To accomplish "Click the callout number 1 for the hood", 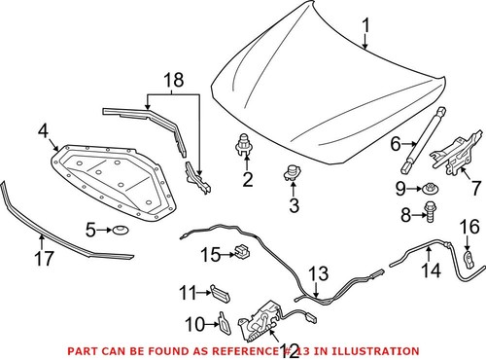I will point(366,25).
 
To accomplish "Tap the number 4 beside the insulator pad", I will point(44,129).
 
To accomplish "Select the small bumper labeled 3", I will point(290,175).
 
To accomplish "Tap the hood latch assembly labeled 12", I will point(264,318).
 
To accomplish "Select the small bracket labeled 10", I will point(223,323).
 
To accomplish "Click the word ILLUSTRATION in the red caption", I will point(372,350).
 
